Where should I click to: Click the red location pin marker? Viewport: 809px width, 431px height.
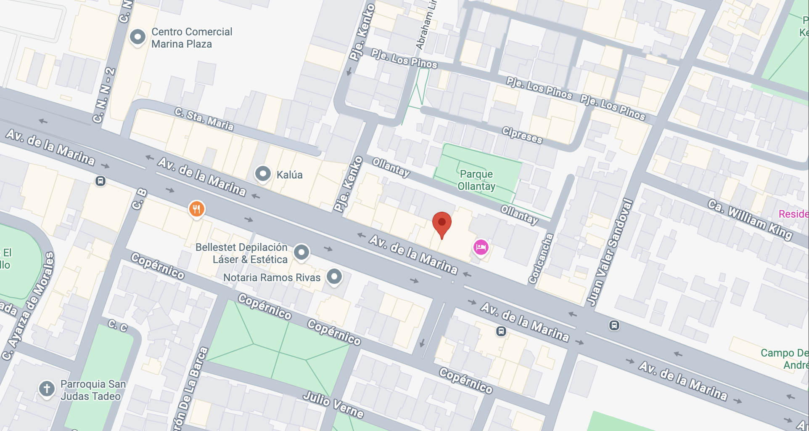[x=442, y=223]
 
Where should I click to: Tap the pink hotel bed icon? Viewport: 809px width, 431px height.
[x=481, y=247]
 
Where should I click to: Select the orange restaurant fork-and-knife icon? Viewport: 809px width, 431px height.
[x=196, y=208]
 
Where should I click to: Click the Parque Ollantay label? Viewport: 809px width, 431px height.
[x=476, y=180]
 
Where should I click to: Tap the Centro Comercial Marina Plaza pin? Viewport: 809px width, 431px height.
[x=137, y=37]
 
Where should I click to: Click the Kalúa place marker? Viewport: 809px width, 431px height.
[x=263, y=173]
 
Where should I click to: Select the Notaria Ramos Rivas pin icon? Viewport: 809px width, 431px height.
[x=334, y=277]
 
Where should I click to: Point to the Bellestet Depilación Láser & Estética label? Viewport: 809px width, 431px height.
[x=241, y=253]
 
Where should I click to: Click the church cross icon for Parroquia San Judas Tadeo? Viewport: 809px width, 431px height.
[x=47, y=388]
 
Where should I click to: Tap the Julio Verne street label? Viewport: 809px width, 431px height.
[x=333, y=404]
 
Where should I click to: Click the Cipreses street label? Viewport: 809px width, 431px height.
[x=522, y=135]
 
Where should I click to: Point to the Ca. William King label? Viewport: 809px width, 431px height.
[x=750, y=220]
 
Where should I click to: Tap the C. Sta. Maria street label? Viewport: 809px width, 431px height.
[x=204, y=119]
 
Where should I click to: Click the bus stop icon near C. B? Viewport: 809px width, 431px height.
[x=100, y=181]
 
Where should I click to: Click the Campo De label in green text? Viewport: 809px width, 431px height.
[x=784, y=353]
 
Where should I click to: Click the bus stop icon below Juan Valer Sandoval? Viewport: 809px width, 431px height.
[x=614, y=325]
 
